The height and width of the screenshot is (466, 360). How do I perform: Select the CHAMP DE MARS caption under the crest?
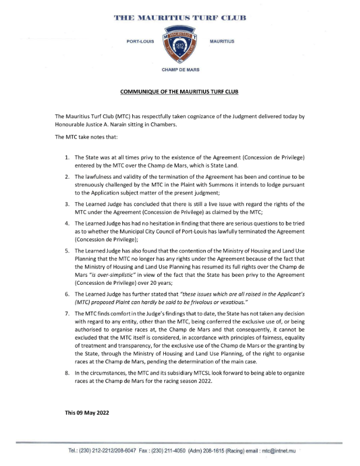click(x=180, y=69)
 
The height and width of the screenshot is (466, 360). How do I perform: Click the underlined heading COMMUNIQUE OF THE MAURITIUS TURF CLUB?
click(x=180, y=92)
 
